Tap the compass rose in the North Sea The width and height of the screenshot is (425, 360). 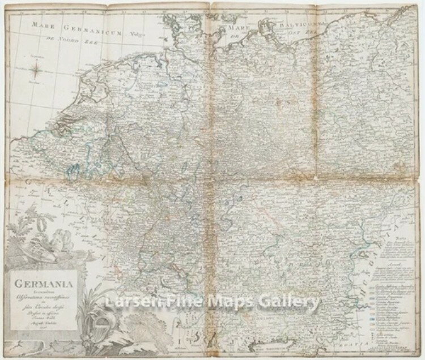point(35,70)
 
